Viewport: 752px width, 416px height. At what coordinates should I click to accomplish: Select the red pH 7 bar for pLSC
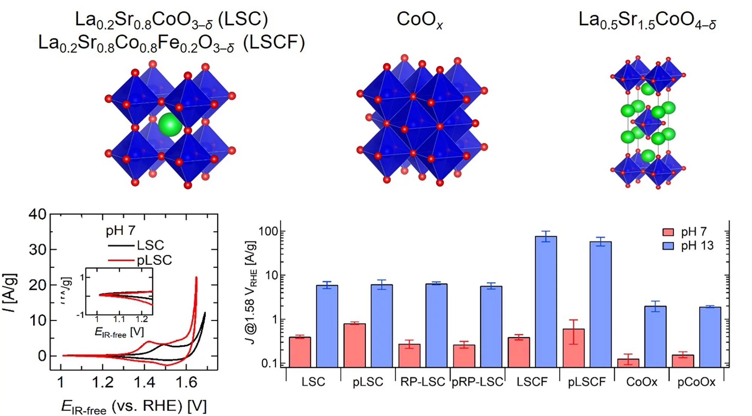(355, 345)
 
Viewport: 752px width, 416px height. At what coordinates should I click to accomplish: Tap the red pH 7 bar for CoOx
(628, 363)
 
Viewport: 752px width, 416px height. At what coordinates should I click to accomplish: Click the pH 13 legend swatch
(668, 246)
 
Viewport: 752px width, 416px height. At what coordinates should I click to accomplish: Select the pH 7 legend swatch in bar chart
(668, 232)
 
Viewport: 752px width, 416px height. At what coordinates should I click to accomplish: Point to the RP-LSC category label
(422, 382)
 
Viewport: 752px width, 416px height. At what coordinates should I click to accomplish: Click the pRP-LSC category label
(477, 382)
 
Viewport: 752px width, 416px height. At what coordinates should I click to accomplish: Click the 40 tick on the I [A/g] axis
(37, 214)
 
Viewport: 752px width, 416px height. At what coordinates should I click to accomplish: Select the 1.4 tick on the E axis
(144, 382)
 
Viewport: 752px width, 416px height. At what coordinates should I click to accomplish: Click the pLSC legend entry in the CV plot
(154, 260)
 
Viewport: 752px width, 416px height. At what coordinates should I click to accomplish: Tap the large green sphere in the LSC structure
(170, 125)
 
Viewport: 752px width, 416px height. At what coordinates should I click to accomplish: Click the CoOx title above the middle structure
(420, 20)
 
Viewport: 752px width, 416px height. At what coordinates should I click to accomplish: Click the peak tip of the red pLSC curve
(196, 278)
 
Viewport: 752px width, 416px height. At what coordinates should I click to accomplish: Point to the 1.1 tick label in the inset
(119, 319)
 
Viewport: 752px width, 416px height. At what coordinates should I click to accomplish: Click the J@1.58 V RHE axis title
(251, 293)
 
